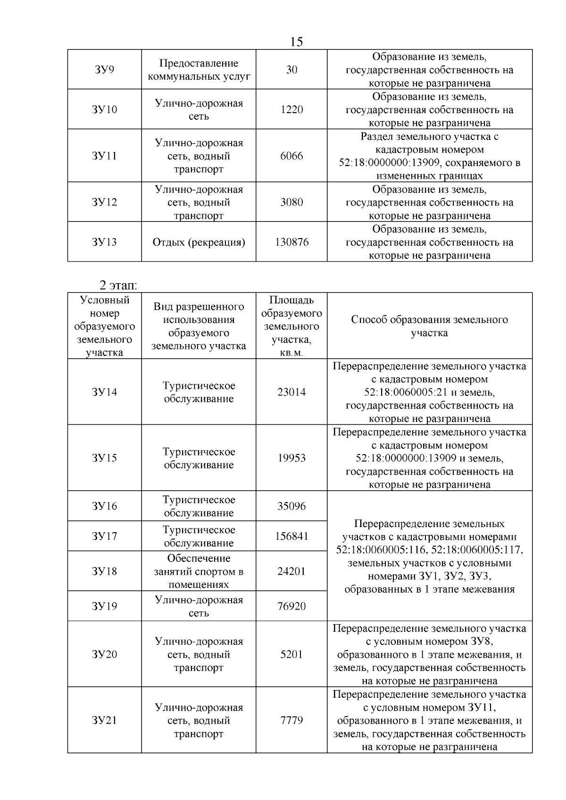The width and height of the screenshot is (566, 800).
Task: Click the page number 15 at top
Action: pyautogui.click(x=296, y=42)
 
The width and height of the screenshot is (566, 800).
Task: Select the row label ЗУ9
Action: pyautogui.click(x=104, y=70)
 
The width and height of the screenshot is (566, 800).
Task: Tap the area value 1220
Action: pyautogui.click(x=291, y=110)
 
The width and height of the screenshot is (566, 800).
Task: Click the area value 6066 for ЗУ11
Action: pyautogui.click(x=291, y=156)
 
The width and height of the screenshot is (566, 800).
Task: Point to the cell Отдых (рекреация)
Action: pyautogui.click(x=199, y=242)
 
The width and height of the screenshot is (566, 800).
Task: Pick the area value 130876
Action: pyautogui.click(x=291, y=242)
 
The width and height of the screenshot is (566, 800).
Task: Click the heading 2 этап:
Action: pyautogui.click(x=118, y=285)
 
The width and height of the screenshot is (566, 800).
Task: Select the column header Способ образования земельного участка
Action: pyautogui.click(x=429, y=326)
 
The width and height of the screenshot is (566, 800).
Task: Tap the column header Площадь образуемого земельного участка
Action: pyautogui.click(x=291, y=326)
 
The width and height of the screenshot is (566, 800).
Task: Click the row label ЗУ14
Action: pyautogui.click(x=104, y=392)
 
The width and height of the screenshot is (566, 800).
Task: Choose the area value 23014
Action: pyautogui.click(x=291, y=392)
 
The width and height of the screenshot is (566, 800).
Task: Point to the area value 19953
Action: pyautogui.click(x=291, y=458)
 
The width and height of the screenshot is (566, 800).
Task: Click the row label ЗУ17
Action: pyautogui.click(x=104, y=536)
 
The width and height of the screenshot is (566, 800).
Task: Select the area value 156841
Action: pyautogui.click(x=291, y=536)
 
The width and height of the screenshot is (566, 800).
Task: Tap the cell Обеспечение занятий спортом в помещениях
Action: pyautogui.click(x=199, y=571)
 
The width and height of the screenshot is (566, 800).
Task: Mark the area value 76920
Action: pyautogui.click(x=291, y=606)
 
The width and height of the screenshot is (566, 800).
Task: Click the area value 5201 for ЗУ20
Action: pyautogui.click(x=291, y=654)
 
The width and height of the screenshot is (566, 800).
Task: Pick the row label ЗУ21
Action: pyautogui.click(x=104, y=720)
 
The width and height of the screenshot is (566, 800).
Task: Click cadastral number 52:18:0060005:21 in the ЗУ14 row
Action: pyautogui.click(x=407, y=392)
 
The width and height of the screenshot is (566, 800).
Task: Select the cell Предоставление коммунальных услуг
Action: pyautogui.click(x=199, y=70)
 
